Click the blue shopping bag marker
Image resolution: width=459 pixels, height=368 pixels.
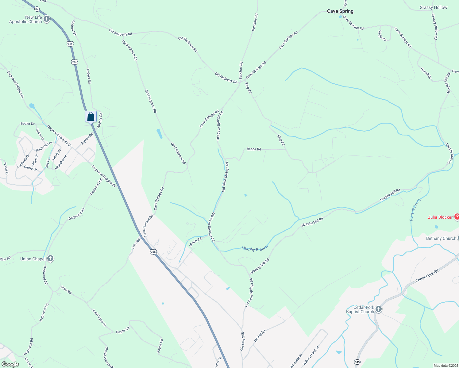[91, 117]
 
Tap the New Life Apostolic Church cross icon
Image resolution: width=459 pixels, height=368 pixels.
[47, 19]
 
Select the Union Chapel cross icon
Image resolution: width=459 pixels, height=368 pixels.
[51, 259]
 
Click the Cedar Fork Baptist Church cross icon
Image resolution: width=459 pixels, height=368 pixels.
[379, 309]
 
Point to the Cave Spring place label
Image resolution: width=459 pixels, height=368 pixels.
[340, 11]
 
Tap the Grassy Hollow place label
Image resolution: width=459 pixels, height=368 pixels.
[433, 7]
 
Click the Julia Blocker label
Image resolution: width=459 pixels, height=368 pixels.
[440, 217]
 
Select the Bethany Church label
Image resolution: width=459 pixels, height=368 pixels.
[441, 238]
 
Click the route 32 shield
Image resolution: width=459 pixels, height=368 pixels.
[37, 9]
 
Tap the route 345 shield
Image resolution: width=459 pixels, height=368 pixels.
[357, 362]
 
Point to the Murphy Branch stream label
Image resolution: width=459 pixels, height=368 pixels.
[254, 248]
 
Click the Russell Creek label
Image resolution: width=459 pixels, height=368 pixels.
[415, 210]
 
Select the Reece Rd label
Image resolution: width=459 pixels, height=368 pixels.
[254, 149]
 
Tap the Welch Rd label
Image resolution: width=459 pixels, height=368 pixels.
[195, 241]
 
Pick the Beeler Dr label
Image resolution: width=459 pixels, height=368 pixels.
[28, 124]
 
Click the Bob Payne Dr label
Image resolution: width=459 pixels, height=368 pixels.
[99, 318]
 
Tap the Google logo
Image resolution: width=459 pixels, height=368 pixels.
[10, 364]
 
